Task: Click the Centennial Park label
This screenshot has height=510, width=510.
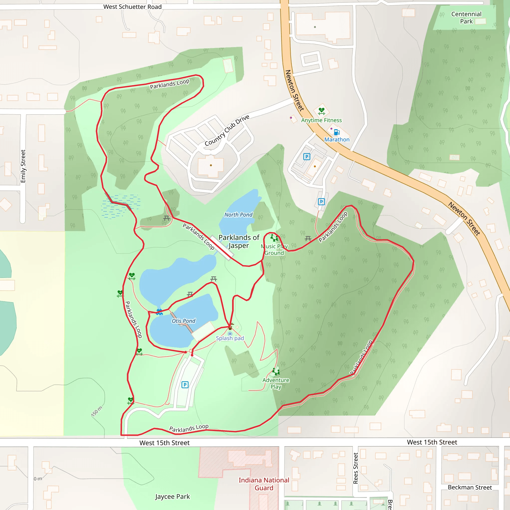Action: pyautogui.click(x=466, y=18)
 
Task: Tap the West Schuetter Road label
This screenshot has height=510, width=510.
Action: pyautogui.click(x=132, y=7)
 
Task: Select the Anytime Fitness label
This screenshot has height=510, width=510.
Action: pyautogui.click(x=321, y=120)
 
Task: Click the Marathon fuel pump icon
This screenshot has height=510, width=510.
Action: pyautogui.click(x=337, y=132)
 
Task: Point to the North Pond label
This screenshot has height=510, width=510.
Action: pyautogui.click(x=238, y=215)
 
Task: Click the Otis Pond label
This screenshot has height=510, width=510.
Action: pyautogui.click(x=184, y=321)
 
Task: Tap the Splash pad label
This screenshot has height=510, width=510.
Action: pyautogui.click(x=230, y=338)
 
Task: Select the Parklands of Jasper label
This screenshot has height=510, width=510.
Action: pyautogui.click(x=239, y=242)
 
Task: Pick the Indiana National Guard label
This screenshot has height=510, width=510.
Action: pyautogui.click(x=264, y=484)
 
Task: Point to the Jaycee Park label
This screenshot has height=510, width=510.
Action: pyautogui.click(x=172, y=497)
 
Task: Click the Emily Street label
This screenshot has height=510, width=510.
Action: pyautogui.click(x=23, y=166)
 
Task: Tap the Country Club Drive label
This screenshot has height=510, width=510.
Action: pyautogui.click(x=227, y=130)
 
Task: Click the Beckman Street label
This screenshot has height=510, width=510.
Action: pyautogui.click(x=470, y=487)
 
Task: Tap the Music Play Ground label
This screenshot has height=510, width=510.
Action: pyautogui.click(x=274, y=250)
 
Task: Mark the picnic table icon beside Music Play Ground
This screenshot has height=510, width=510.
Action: pyautogui.click(x=308, y=239)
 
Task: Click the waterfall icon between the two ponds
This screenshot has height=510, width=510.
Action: pyautogui.click(x=159, y=312)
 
